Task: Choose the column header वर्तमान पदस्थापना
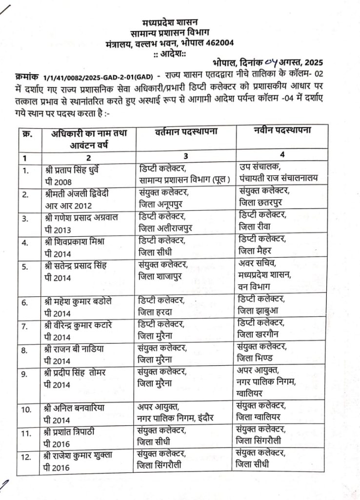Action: coord(186,131)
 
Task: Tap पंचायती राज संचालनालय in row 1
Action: coord(278,178)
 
